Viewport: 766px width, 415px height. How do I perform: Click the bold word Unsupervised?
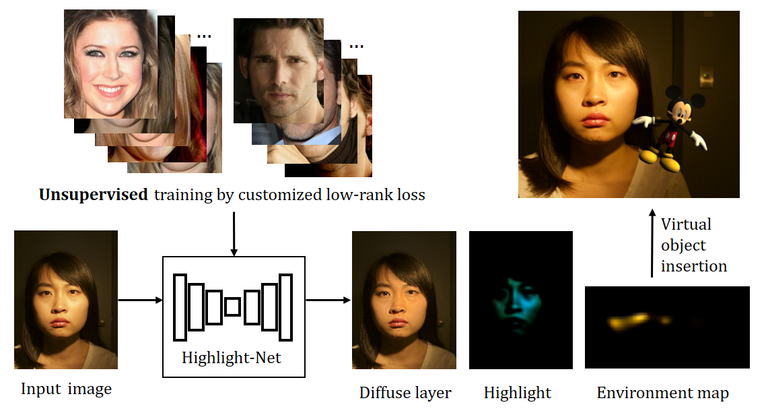click(93, 196)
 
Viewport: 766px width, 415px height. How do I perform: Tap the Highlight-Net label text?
click(232, 357)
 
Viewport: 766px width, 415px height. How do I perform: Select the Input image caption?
click(66, 389)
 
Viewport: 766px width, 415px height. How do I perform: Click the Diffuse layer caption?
click(405, 393)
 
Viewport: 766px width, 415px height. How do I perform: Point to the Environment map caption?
click(663, 393)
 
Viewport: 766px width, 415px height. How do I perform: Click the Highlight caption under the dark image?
click(518, 393)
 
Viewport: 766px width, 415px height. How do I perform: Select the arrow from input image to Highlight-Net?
click(140, 300)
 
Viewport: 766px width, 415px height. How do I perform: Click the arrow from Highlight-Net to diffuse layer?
click(328, 300)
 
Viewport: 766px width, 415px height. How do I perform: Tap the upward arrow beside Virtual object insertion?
click(651, 243)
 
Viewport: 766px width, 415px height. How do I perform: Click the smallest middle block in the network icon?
click(233, 307)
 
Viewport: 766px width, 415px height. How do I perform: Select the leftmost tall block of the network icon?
click(180, 307)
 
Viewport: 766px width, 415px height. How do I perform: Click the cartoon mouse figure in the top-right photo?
click(672, 127)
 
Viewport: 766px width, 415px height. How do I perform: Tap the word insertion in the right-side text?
click(693, 266)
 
